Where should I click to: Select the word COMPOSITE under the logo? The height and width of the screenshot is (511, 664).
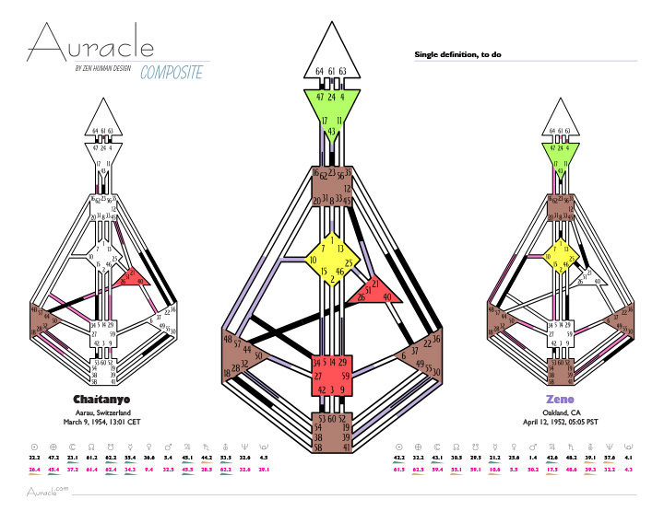point(172,74)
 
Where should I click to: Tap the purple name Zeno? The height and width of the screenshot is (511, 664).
point(563,399)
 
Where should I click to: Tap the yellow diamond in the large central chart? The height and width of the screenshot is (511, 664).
point(331,261)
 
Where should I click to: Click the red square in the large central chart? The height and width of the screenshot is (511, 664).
point(331,377)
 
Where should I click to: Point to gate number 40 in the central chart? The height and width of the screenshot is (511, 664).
point(386,296)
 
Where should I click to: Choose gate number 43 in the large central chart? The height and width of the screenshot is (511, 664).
point(331,132)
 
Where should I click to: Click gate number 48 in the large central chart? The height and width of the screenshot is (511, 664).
point(228,339)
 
